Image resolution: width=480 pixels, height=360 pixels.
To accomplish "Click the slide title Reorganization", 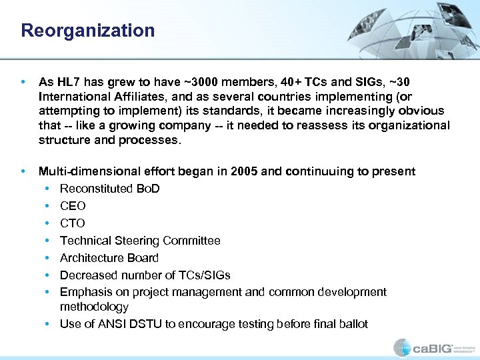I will [87, 31].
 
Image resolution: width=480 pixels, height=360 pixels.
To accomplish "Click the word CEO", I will [73, 206].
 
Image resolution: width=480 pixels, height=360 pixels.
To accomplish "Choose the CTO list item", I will [73, 223].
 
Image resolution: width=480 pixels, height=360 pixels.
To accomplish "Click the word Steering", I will [135, 241].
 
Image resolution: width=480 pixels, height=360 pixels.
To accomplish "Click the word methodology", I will [94, 307].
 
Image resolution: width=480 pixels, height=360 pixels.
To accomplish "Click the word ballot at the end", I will [353, 324].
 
